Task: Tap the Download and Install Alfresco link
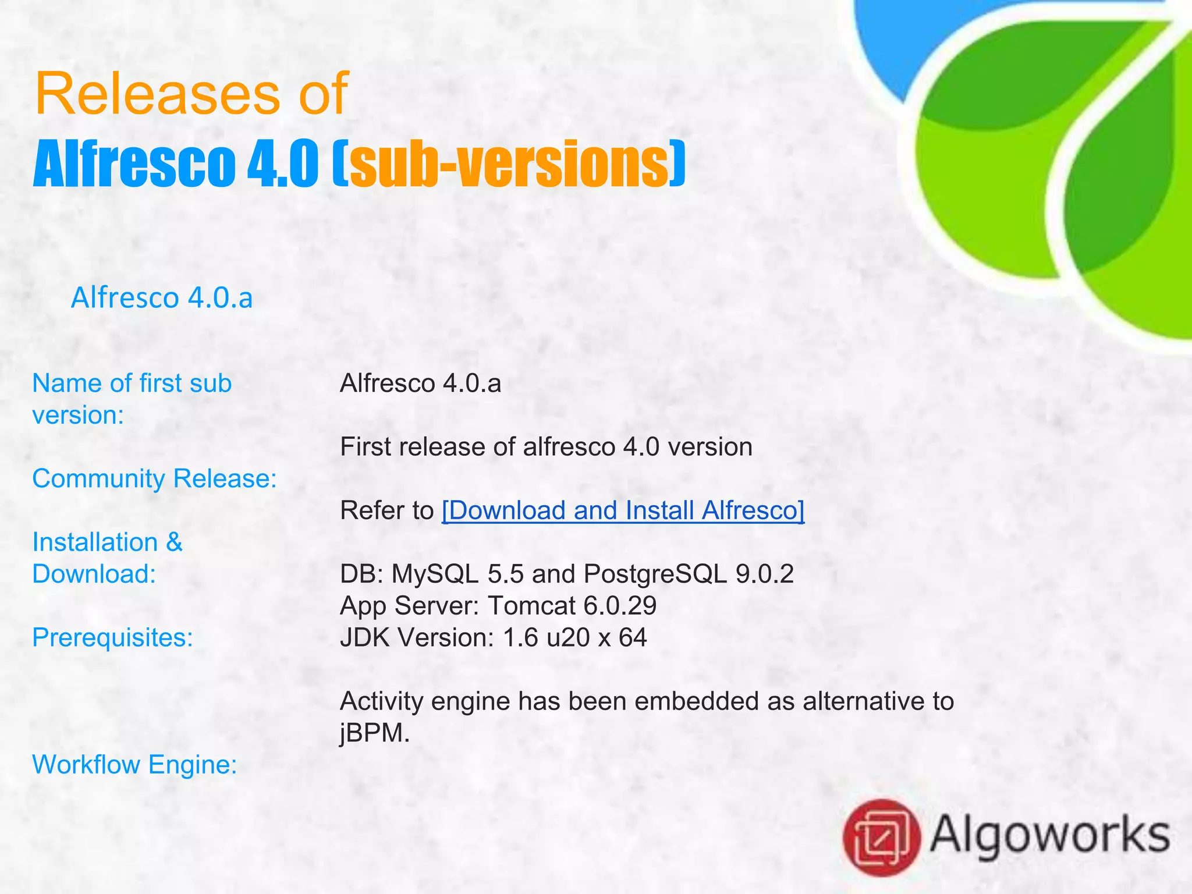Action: [623, 510]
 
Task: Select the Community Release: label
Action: [154, 478]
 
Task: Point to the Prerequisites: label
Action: [112, 637]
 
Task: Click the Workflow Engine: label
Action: [134, 764]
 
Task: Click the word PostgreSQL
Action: [655, 574]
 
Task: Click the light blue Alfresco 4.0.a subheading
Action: [162, 298]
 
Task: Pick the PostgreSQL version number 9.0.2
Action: [764, 574]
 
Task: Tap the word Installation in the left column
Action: [95, 542]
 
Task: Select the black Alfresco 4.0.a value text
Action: [420, 384]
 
